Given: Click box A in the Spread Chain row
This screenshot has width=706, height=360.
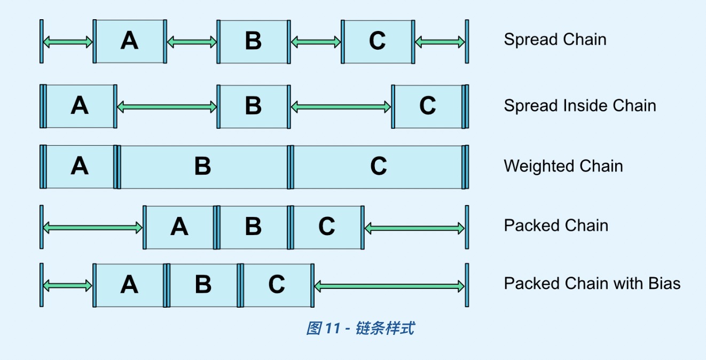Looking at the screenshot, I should coord(129,41).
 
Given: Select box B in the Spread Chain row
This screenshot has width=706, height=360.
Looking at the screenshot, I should coord(253,41).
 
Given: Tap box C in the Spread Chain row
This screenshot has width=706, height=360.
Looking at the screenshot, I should coord(378,41).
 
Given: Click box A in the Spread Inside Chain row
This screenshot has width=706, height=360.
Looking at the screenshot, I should coord(80,106).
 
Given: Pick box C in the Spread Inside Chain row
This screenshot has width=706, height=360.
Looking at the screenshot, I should coord(428,106).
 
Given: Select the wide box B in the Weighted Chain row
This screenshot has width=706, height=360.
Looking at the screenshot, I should coord(203,167).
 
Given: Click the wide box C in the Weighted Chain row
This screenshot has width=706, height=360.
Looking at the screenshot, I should coord(378,167).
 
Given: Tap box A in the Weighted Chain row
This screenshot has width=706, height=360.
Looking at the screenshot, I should coord(80,167).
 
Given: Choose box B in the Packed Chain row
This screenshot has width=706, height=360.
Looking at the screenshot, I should coord(253,227).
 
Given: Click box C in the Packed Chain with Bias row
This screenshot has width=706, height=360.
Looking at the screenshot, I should coord(277,285).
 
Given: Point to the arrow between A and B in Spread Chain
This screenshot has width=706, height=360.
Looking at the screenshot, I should coord(192,42).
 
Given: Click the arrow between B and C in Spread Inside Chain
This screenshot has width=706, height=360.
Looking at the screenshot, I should coord(341,107).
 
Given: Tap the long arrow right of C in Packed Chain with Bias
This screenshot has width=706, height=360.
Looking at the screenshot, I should coord(390,287).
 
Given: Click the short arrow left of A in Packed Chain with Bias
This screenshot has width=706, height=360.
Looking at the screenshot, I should coord(68,286).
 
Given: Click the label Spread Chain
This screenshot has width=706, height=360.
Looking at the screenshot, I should coord(555,40).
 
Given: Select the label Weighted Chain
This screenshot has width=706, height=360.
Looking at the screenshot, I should coord(563,166).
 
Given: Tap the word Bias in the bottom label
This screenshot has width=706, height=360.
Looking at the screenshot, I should coord(664,283).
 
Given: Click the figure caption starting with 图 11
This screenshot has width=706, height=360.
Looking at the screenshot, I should coord(360,328).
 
